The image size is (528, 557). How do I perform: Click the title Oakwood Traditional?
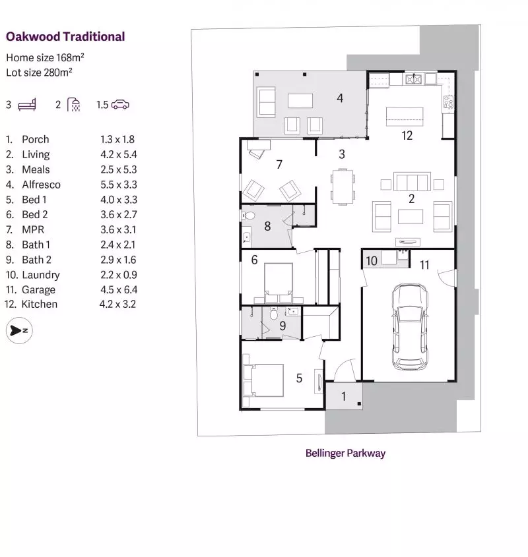pos(65,37)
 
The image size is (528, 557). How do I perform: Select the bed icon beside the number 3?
pos(28,105)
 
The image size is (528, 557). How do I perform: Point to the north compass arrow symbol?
pos(15,331)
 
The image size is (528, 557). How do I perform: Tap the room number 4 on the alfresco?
pos(340,98)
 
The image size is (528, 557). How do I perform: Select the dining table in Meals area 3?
pos(342,187)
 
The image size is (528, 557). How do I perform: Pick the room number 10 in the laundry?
pos(372,261)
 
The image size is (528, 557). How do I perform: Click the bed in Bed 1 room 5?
pos(263,380)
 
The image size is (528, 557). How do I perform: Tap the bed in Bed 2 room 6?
pos(279,279)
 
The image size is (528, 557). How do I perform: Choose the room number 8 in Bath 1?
pos(267,226)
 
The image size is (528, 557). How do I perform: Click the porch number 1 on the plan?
pos(343,397)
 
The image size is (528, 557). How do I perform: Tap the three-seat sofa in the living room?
pos(412,182)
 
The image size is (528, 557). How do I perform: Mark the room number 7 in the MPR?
pos(279,164)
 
